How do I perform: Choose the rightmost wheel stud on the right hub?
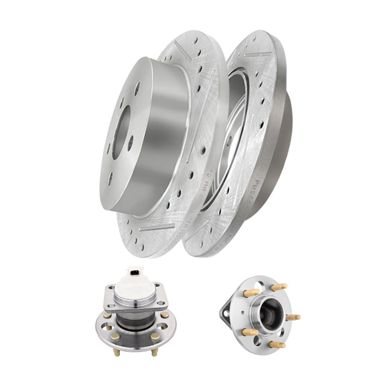294,317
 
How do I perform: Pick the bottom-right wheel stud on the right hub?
277,345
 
